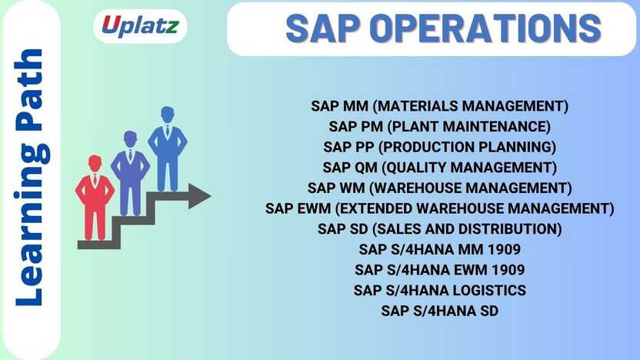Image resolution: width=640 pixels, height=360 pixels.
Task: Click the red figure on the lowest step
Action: [95, 197]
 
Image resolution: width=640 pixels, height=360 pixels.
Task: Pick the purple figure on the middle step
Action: [130, 172]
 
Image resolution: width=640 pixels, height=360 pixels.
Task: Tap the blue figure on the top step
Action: [167, 148]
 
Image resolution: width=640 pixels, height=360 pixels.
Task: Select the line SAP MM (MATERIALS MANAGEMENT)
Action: [440, 105]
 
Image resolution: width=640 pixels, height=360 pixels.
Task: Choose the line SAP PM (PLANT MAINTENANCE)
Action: [440, 126]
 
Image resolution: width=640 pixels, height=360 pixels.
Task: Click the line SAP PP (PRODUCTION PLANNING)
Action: [440, 147]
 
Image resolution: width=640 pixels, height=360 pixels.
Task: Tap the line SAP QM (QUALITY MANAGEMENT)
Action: [440, 167]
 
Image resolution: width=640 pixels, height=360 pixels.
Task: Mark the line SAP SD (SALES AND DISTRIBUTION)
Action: [440, 228]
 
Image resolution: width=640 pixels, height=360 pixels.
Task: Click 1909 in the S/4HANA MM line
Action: [505, 249]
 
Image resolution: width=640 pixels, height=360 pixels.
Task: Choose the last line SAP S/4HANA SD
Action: [440, 311]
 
